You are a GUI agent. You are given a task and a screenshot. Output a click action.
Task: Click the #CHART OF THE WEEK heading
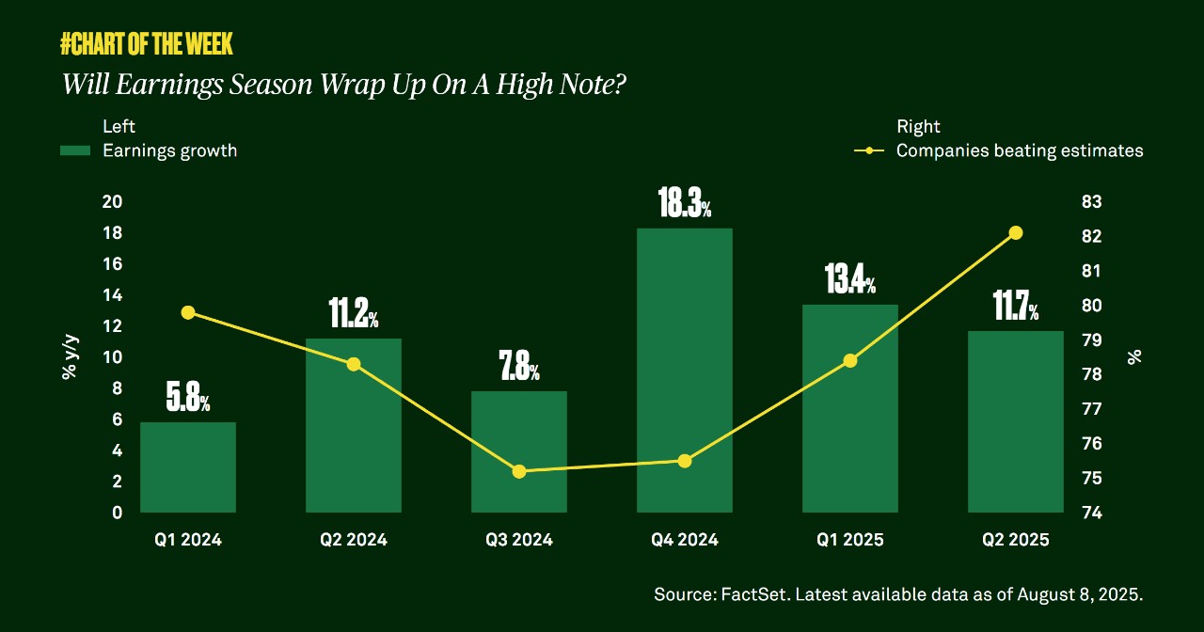point(146,43)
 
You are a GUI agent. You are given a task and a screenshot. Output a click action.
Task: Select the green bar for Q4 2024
point(684,376)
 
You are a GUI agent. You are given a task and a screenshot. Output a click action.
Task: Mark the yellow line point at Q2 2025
point(1015,233)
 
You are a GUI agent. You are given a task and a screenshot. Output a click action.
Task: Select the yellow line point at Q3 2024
point(518,471)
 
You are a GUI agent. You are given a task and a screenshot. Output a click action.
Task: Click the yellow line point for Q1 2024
point(188,312)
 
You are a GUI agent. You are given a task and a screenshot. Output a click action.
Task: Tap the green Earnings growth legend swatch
point(74,150)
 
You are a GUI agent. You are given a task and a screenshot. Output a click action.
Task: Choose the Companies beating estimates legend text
point(1020,150)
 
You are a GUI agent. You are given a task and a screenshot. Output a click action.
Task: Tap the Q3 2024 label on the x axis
point(518,540)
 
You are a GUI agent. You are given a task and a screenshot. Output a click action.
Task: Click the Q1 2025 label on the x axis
point(849,540)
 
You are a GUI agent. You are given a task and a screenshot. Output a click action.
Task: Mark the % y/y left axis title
point(69,357)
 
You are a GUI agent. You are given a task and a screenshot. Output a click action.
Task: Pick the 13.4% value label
point(849,281)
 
